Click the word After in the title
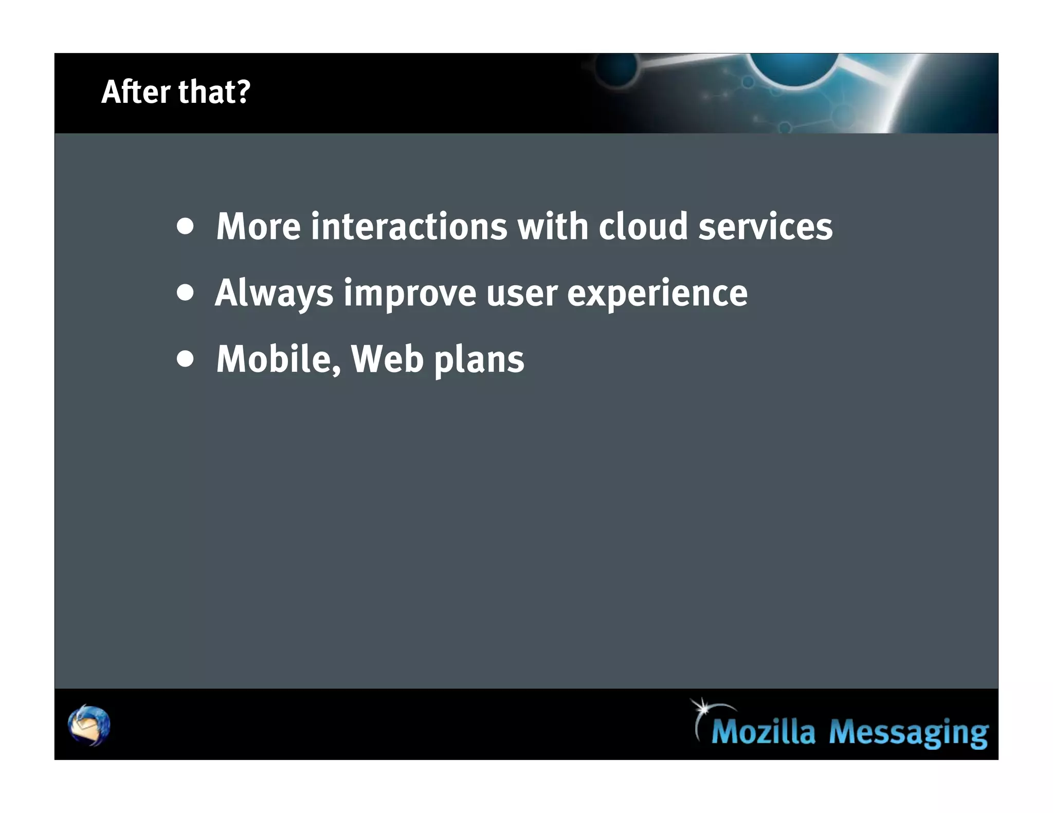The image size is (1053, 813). (x=135, y=92)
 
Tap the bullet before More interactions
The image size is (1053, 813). (x=185, y=226)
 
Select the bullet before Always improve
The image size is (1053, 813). (x=185, y=293)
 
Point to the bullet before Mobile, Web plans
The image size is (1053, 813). (x=185, y=359)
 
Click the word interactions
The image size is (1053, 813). (x=409, y=227)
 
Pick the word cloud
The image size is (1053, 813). (x=643, y=227)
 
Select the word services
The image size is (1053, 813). (x=765, y=227)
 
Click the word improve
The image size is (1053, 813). (x=410, y=294)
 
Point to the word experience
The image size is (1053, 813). (x=657, y=294)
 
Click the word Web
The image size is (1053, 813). (x=387, y=360)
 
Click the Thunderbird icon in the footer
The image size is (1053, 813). (x=89, y=725)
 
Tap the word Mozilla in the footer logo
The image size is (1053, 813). (x=763, y=732)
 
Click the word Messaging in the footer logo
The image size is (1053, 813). (x=908, y=733)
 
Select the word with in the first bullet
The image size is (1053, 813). (x=553, y=227)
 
